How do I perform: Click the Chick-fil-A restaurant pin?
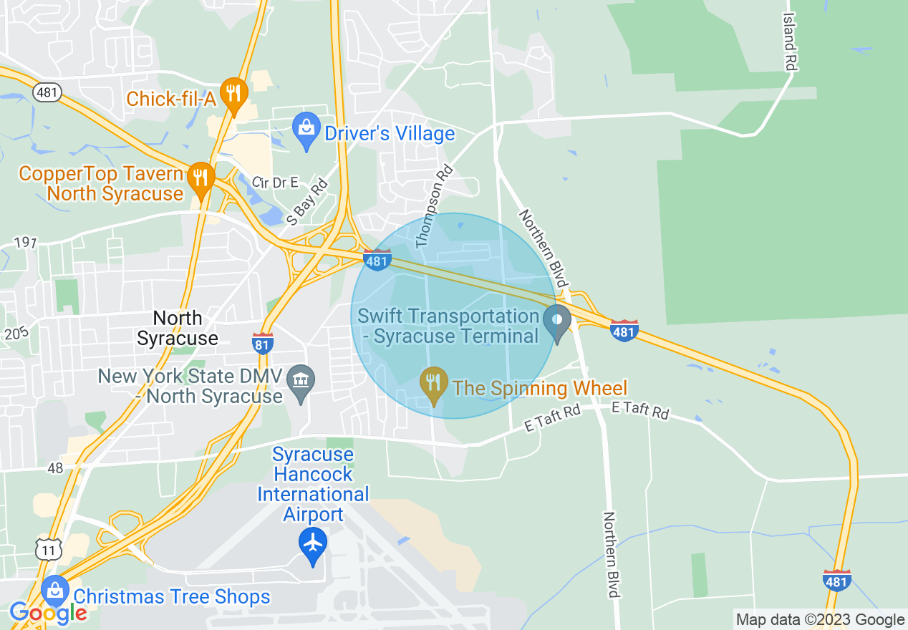pos(233,94)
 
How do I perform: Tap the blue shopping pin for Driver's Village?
pos(306,131)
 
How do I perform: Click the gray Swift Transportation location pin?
pos(556,321)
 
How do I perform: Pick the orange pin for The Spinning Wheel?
pos(433,384)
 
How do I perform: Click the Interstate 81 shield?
pos(263,344)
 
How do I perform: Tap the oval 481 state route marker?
pos(47,92)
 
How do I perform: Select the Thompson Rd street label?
pos(435,207)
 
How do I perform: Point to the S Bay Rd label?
pos(307,203)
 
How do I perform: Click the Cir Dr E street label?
pos(274,183)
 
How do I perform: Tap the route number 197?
pos(24,243)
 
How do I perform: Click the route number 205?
pos(13,334)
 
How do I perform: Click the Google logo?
pos(48,613)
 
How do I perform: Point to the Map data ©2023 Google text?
pos(821,620)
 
